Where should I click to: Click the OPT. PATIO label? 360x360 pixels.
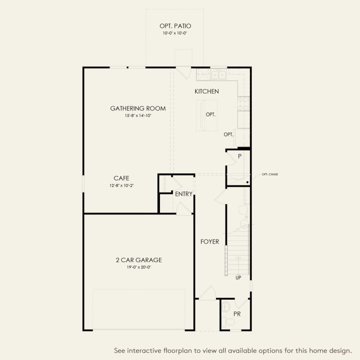[x=175, y=26]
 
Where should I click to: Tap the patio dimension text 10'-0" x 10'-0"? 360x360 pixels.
[x=175, y=33]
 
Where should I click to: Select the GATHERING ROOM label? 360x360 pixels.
[x=138, y=109]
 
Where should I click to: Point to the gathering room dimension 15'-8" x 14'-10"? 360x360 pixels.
[x=138, y=116]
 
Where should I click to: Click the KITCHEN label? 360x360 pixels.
[x=207, y=91]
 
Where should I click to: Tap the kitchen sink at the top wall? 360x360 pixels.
[x=218, y=75]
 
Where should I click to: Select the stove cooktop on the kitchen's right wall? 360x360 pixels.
[x=243, y=103]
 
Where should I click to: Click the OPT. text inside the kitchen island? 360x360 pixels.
[x=210, y=115]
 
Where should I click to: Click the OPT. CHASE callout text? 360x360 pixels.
[x=270, y=175]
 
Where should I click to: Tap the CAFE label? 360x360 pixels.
[x=122, y=178]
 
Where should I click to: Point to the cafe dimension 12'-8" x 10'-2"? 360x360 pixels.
[x=122, y=185]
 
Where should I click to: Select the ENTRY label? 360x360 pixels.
[x=184, y=194]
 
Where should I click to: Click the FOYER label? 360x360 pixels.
[x=210, y=242]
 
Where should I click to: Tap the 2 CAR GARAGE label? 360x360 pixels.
[x=139, y=260]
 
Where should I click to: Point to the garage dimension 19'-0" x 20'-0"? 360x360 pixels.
[x=139, y=267]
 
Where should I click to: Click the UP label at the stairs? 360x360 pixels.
[x=238, y=278]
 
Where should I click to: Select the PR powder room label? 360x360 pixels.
[x=237, y=314]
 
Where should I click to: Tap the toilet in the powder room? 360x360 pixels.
[x=229, y=321]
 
